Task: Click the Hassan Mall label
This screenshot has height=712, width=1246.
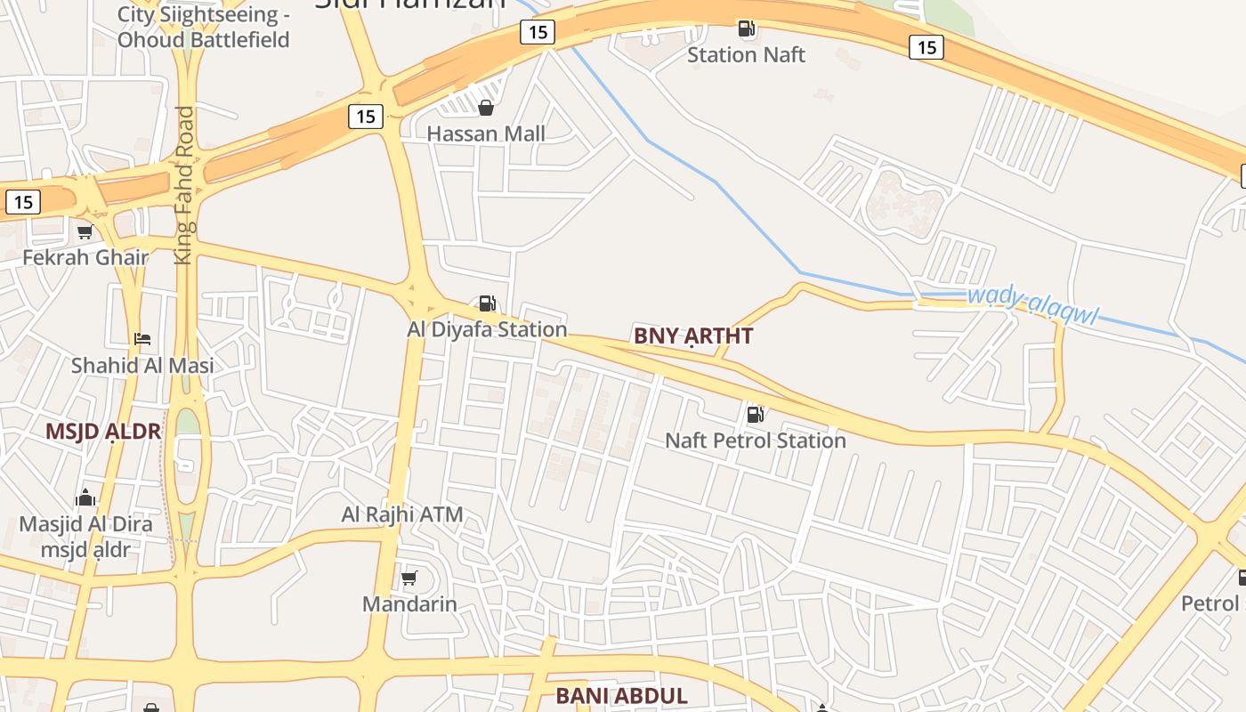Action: click(486, 133)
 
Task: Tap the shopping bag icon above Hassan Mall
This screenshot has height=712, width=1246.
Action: click(486, 109)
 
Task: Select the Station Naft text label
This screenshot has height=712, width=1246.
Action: click(746, 54)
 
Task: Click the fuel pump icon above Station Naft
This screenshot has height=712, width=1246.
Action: click(747, 28)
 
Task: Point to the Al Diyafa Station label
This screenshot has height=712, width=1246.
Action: click(487, 329)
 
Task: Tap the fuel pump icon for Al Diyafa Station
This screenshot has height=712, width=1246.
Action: click(487, 303)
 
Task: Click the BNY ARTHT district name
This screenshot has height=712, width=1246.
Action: click(693, 336)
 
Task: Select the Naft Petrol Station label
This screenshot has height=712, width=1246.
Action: click(756, 441)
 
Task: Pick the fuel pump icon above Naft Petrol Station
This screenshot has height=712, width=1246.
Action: click(755, 414)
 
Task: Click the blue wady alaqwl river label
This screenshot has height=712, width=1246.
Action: click(1032, 304)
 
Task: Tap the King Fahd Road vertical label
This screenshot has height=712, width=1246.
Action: click(184, 185)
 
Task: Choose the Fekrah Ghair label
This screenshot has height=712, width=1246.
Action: click(85, 257)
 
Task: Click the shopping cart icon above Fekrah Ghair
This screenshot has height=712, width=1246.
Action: click(85, 232)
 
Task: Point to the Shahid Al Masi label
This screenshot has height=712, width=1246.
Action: click(142, 365)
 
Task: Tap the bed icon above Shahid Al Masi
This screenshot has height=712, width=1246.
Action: click(142, 339)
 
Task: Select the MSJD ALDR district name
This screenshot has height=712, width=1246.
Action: click(103, 432)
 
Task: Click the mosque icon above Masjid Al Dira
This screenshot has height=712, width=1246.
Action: click(85, 498)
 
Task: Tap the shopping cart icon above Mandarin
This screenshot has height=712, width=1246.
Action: click(409, 578)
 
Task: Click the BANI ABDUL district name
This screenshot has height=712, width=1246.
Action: click(622, 696)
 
